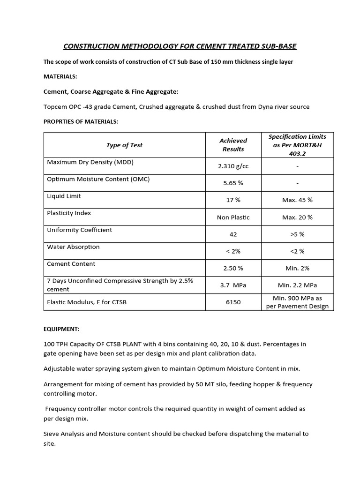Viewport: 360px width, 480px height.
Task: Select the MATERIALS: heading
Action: [60, 76]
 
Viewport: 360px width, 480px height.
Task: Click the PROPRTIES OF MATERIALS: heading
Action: [81, 121]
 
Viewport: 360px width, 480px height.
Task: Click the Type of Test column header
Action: [124, 145]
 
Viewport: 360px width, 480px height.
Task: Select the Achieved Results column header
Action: [233, 144]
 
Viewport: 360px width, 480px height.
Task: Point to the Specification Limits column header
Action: [297, 144]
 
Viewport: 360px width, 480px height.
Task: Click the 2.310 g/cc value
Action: [233, 166]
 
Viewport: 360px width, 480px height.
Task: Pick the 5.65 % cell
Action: [233, 183]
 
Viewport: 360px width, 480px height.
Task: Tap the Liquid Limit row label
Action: [64, 196]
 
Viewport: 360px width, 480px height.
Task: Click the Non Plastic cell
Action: [233, 217]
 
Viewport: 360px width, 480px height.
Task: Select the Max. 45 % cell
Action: [297, 200]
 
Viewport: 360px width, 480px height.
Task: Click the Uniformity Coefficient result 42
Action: [233, 234]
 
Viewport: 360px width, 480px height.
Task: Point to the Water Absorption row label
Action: [73, 247]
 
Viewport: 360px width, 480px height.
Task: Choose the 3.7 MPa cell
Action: [233, 285]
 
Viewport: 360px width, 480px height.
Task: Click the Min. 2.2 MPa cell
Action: [297, 285]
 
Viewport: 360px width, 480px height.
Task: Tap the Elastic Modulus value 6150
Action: [233, 302]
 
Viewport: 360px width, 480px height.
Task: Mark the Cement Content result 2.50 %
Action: [233, 268]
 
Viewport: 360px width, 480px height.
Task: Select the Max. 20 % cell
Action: [297, 217]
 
